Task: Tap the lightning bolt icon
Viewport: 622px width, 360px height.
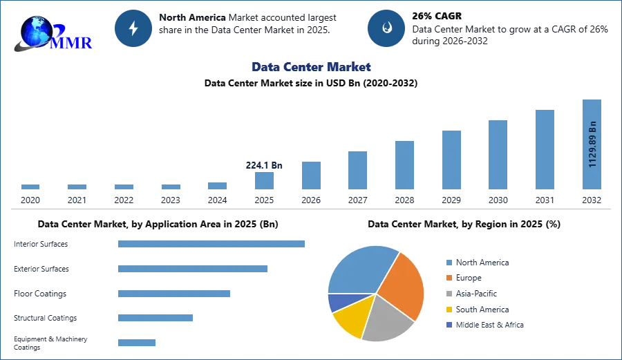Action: click(x=134, y=28)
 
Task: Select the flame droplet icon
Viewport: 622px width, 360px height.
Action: click(x=386, y=28)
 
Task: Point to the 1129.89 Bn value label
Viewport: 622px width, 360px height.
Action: click(x=592, y=144)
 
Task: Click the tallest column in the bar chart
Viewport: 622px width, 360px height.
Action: click(x=592, y=145)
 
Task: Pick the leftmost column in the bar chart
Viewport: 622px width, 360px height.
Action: click(x=30, y=187)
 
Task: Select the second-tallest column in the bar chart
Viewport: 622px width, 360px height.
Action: click(x=544, y=149)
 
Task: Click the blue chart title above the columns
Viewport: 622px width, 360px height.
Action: click(x=312, y=67)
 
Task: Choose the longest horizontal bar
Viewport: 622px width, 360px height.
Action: click(x=212, y=243)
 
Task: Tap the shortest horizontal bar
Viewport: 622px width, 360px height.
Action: click(x=138, y=342)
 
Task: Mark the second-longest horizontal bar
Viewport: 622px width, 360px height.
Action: click(x=193, y=269)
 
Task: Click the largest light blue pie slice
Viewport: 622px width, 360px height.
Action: click(x=359, y=269)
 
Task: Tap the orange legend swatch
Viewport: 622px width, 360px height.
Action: click(x=448, y=278)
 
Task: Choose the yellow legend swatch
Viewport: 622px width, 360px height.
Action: click(x=448, y=309)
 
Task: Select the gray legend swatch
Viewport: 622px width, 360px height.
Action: click(x=448, y=294)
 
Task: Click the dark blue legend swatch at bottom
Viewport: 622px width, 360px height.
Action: click(x=448, y=325)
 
